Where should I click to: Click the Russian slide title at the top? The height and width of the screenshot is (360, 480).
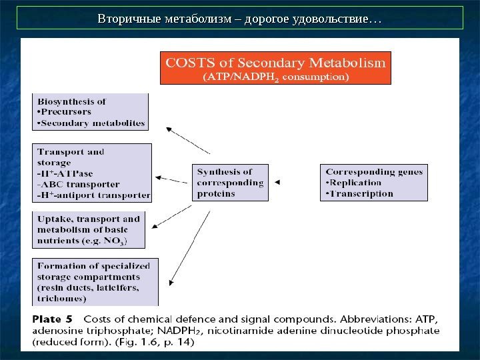click(240, 19)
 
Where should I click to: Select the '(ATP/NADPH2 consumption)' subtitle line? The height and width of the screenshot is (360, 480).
click(275, 77)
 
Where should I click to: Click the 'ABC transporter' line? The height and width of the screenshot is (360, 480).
click(79, 184)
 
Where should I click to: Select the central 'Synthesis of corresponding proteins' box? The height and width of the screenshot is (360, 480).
click(230, 183)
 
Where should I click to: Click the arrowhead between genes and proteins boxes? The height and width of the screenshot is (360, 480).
click(278, 182)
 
